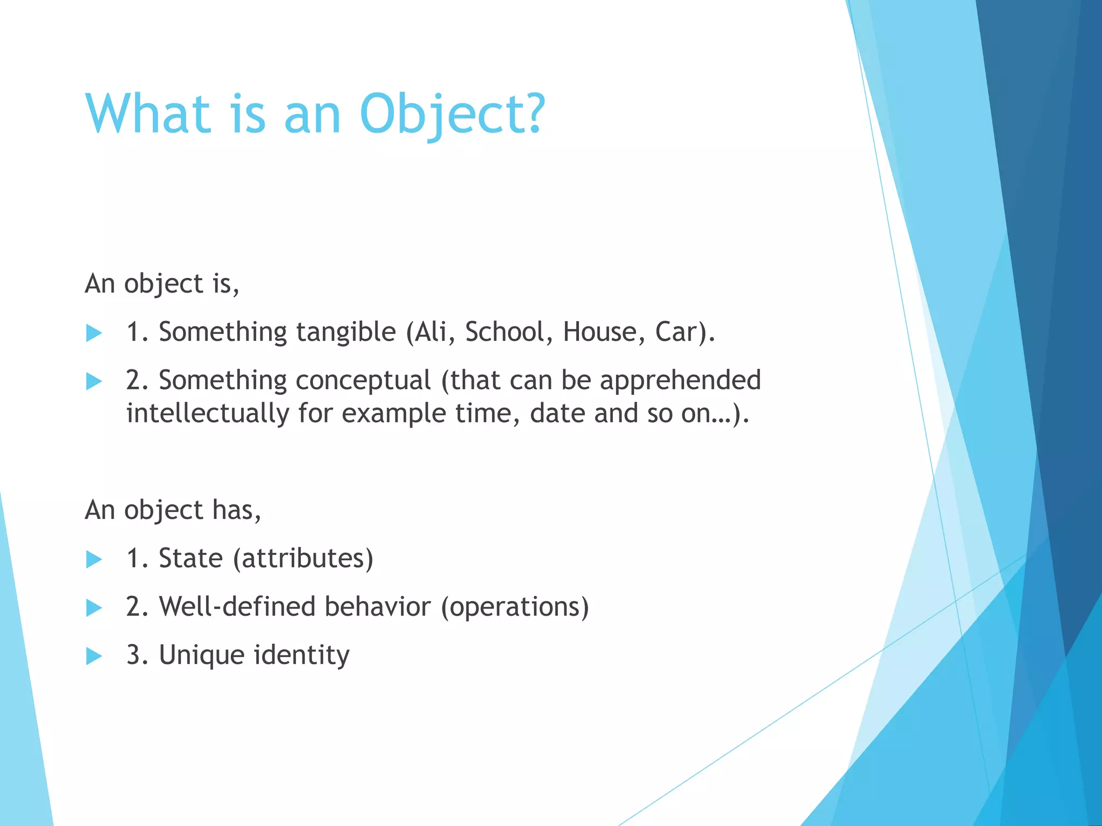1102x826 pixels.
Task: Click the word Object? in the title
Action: [x=452, y=114]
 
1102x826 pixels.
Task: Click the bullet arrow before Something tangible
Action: [x=94, y=333]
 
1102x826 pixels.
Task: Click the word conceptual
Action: [x=363, y=381]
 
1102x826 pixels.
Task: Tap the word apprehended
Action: [x=680, y=381]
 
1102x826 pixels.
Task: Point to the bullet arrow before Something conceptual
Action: [x=94, y=382]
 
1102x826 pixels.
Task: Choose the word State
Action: [x=190, y=558]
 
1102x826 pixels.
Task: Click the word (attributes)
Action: [x=303, y=558]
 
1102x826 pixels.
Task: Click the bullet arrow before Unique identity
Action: [x=94, y=656]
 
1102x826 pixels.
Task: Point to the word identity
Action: [x=301, y=656]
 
